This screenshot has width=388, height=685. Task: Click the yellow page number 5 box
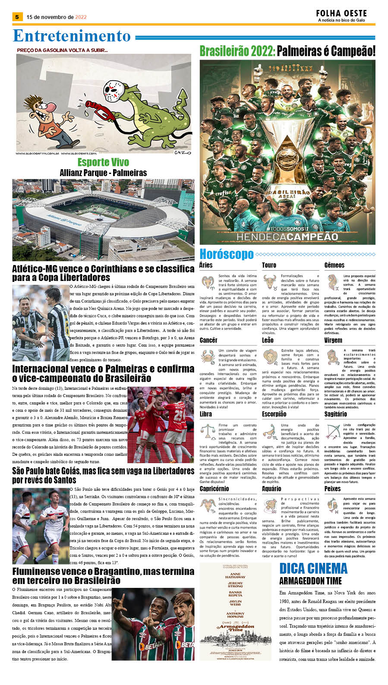pyautogui.click(x=17, y=17)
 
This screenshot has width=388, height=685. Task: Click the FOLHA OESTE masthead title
pyautogui.click(x=341, y=13)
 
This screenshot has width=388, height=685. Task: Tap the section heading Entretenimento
pyautogui.click(x=72, y=36)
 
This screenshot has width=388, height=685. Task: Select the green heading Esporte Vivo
pyautogui.click(x=103, y=162)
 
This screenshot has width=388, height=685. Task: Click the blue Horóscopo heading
pyautogui.click(x=226, y=254)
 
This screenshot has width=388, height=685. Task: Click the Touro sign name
pyautogui.click(x=269, y=265)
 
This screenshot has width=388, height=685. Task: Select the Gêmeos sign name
pyautogui.click(x=334, y=265)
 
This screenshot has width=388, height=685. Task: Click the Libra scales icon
pyautogui.click(x=208, y=431)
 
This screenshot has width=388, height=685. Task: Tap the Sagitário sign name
pyautogui.click(x=335, y=414)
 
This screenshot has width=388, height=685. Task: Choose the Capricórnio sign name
pyautogui.click(x=214, y=489)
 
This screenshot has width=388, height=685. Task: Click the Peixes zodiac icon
pyautogui.click(x=333, y=504)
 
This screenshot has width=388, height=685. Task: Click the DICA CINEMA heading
pyautogui.click(x=313, y=568)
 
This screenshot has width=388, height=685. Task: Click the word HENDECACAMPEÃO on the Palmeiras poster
pyautogui.click(x=287, y=237)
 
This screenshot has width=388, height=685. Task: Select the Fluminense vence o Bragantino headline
pyautogui.click(x=103, y=576)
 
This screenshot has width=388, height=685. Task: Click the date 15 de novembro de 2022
pyautogui.click(x=57, y=17)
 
